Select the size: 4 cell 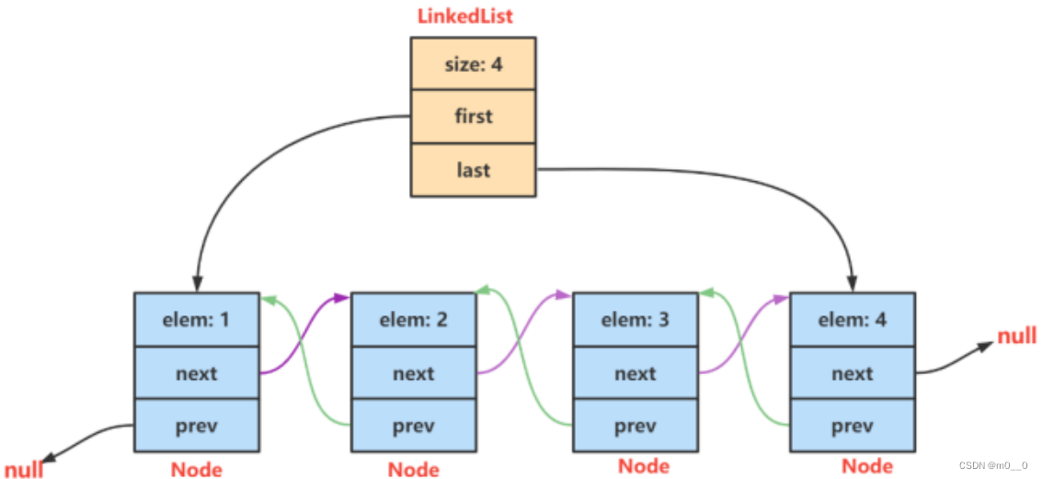(473, 63)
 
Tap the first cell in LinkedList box (473, 117)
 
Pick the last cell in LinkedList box (473, 170)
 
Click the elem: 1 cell (197, 320)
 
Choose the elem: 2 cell (414, 320)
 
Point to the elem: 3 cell (636, 320)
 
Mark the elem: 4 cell (852, 320)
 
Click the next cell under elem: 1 (197, 373)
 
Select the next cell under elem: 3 (636, 373)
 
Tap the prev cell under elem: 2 (414, 427)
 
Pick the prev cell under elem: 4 (852, 427)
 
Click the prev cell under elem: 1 (197, 427)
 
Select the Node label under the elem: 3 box (643, 465)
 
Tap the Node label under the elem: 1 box (197, 469)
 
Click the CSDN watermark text (992, 465)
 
